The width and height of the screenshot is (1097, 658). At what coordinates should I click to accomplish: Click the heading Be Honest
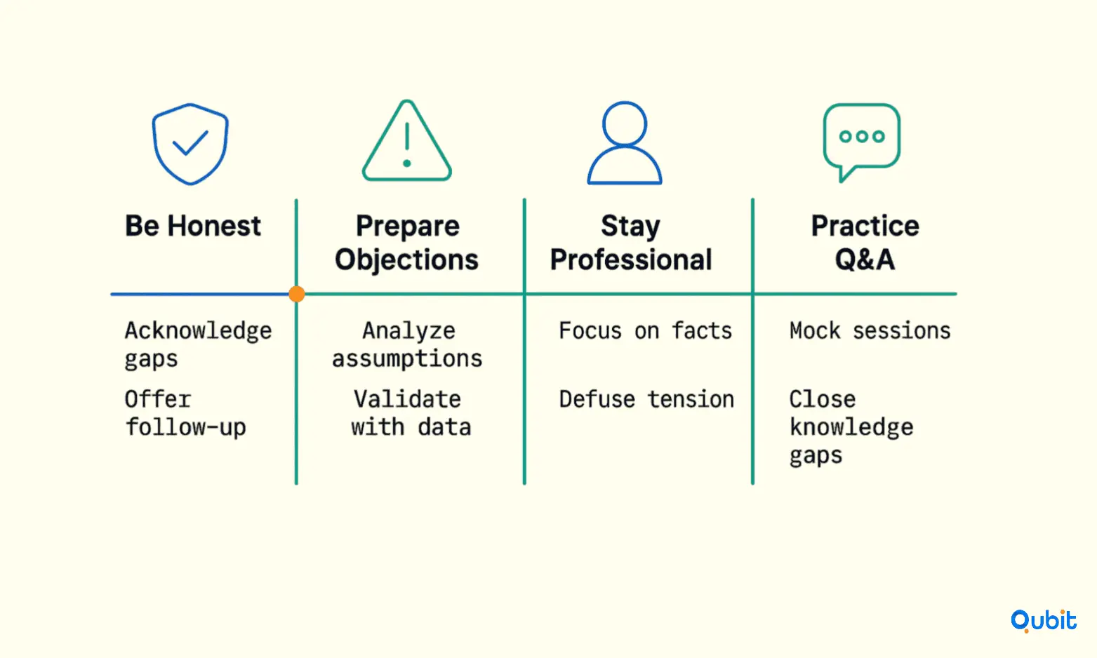[x=193, y=226]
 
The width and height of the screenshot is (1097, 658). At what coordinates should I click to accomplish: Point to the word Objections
[x=406, y=260]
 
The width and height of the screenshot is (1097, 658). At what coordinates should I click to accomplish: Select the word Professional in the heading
[x=631, y=260]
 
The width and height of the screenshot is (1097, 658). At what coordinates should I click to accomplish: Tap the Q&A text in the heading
[x=865, y=260]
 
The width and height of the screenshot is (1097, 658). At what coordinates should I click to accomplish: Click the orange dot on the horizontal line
[x=297, y=294]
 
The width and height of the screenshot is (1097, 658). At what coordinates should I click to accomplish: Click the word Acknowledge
[x=199, y=331]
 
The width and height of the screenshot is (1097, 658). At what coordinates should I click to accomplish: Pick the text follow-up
[x=185, y=427]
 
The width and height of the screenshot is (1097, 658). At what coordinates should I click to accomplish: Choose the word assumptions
[x=407, y=359]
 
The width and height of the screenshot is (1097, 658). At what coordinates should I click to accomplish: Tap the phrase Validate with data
[x=411, y=413]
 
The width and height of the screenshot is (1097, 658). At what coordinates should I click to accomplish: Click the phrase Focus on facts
[x=646, y=331]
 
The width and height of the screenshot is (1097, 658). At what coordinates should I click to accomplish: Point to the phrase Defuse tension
[x=646, y=400]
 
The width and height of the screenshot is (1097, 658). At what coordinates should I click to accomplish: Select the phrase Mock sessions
[x=870, y=331]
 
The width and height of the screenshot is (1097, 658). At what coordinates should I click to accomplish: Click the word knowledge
[x=851, y=427]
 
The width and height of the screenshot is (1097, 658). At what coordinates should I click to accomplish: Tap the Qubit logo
[x=1044, y=621]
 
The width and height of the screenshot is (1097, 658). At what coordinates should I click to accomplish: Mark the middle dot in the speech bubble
[x=862, y=136]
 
